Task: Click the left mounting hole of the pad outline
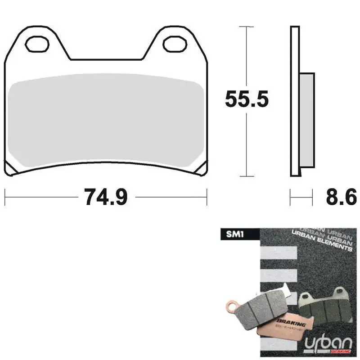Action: click(x=37, y=44)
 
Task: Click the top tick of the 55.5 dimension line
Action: click(x=246, y=27)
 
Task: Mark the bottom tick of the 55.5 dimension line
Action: click(x=246, y=177)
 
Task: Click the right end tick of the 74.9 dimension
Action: click(x=207, y=197)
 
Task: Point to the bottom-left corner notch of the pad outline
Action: click(x=11, y=170)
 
